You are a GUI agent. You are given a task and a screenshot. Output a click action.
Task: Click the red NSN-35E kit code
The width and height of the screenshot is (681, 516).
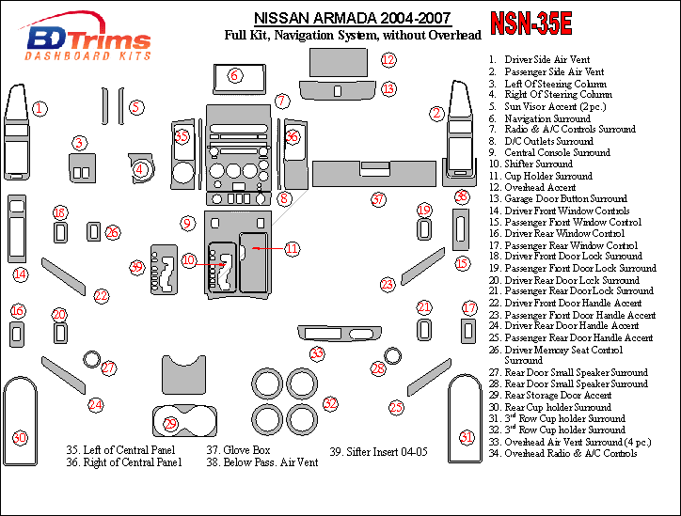click(x=531, y=23)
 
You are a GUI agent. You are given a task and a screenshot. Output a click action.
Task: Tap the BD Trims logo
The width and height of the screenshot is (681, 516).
click(x=87, y=38)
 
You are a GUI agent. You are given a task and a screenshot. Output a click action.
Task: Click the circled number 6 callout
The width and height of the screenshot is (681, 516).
click(x=234, y=75)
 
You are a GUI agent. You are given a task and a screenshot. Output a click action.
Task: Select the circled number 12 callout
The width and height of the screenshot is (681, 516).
click(x=388, y=59)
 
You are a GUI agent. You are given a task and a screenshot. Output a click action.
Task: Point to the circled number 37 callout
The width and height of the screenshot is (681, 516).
click(x=378, y=199)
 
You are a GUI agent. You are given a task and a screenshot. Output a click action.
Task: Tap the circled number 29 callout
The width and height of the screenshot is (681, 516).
click(x=170, y=423)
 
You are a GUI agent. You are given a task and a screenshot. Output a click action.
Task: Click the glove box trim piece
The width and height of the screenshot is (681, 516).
click(x=374, y=174)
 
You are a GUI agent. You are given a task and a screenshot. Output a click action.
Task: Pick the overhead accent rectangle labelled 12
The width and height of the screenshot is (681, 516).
click(x=339, y=63)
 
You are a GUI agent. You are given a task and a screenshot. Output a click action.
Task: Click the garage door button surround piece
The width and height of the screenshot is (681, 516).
click(x=337, y=90)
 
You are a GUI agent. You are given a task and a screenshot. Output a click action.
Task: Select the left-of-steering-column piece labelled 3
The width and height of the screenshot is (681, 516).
click(x=82, y=168)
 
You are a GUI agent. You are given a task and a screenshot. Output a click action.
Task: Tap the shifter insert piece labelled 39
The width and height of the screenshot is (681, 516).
click(x=164, y=270)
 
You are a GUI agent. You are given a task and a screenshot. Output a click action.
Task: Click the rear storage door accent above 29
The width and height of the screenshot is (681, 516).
click(x=183, y=374)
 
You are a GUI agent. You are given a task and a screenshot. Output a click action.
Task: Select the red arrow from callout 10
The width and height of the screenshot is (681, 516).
click(x=211, y=264)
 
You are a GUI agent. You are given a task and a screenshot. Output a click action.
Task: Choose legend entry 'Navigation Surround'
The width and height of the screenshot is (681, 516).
click(x=539, y=118)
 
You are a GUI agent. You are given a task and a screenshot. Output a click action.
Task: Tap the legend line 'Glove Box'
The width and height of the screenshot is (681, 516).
click(x=238, y=450)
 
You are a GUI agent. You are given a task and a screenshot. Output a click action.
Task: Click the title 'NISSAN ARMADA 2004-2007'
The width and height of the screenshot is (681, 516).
click(x=352, y=18)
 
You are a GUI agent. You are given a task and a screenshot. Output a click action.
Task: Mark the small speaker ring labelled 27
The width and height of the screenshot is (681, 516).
click(x=91, y=359)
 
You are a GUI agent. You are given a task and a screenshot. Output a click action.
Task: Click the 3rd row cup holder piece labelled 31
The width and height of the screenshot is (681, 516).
click(x=465, y=419)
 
